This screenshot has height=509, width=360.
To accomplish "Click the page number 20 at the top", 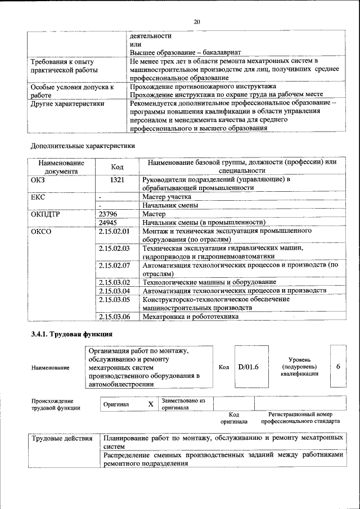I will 196,21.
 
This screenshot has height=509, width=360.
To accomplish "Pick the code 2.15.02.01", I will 114,231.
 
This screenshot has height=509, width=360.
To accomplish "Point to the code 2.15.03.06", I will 114,317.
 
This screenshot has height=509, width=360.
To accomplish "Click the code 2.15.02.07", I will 114,265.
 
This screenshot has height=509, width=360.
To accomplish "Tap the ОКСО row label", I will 41,231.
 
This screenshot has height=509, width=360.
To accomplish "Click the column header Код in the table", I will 117,166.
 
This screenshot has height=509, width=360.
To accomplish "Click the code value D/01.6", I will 248,367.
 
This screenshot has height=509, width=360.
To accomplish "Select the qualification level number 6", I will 338,367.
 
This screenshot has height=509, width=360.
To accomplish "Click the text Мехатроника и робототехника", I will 191,317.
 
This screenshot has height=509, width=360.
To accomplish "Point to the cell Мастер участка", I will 166,197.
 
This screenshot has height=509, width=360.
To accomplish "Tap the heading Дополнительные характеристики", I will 83,146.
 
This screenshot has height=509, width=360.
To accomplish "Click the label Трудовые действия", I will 62,438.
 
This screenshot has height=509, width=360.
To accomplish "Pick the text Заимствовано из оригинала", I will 184,404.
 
